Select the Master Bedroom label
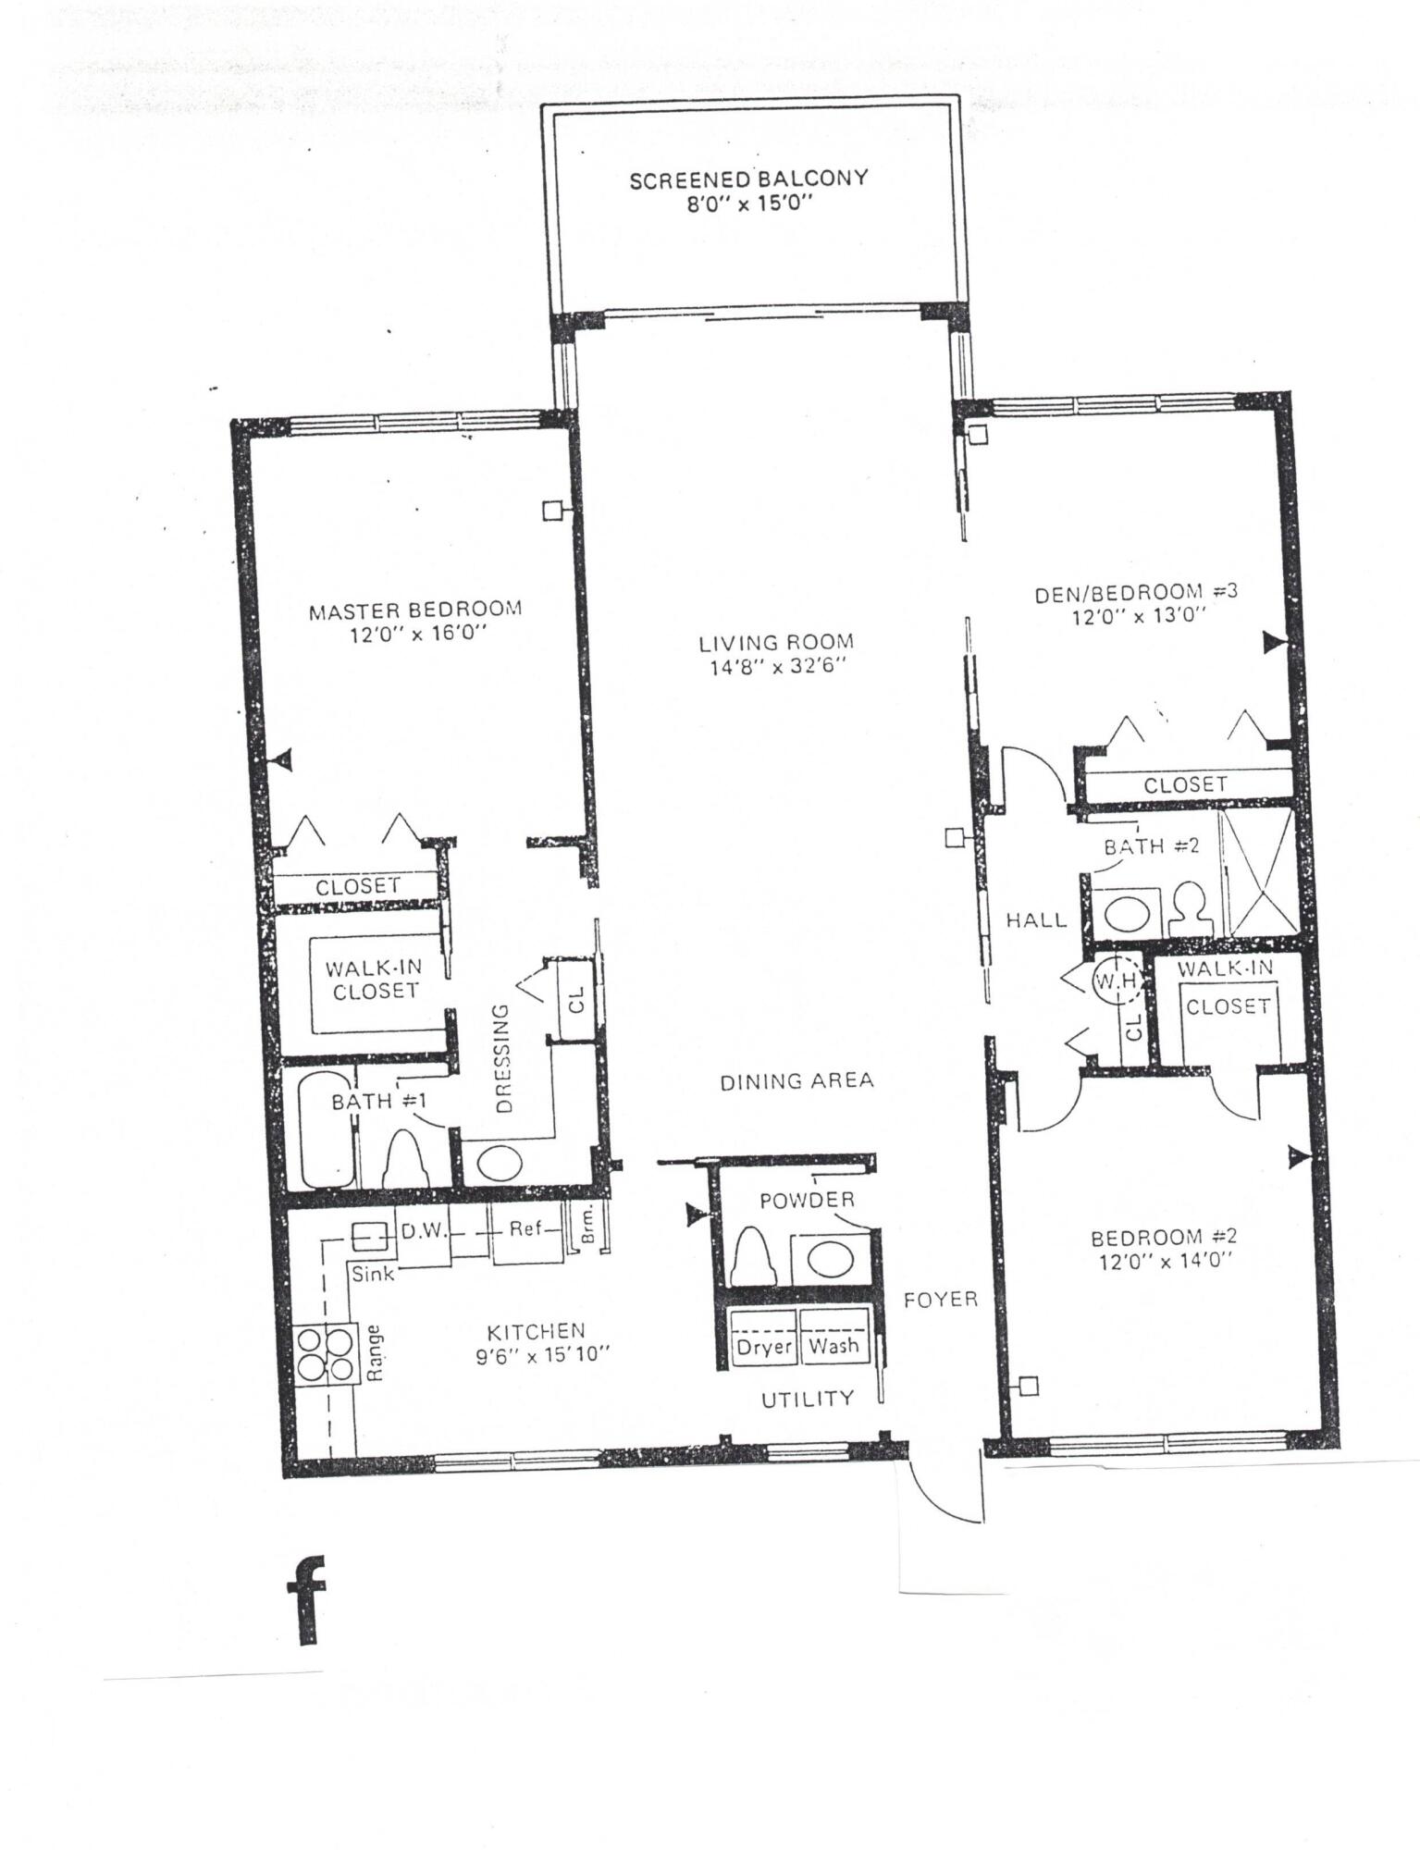tap(414, 610)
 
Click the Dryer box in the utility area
tap(763, 1347)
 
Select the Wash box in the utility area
tap(833, 1346)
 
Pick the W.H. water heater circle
tap(1114, 980)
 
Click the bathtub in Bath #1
tap(326, 1129)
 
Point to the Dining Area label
tap(796, 1080)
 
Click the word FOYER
tap(940, 1300)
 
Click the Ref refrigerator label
tap(525, 1230)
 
